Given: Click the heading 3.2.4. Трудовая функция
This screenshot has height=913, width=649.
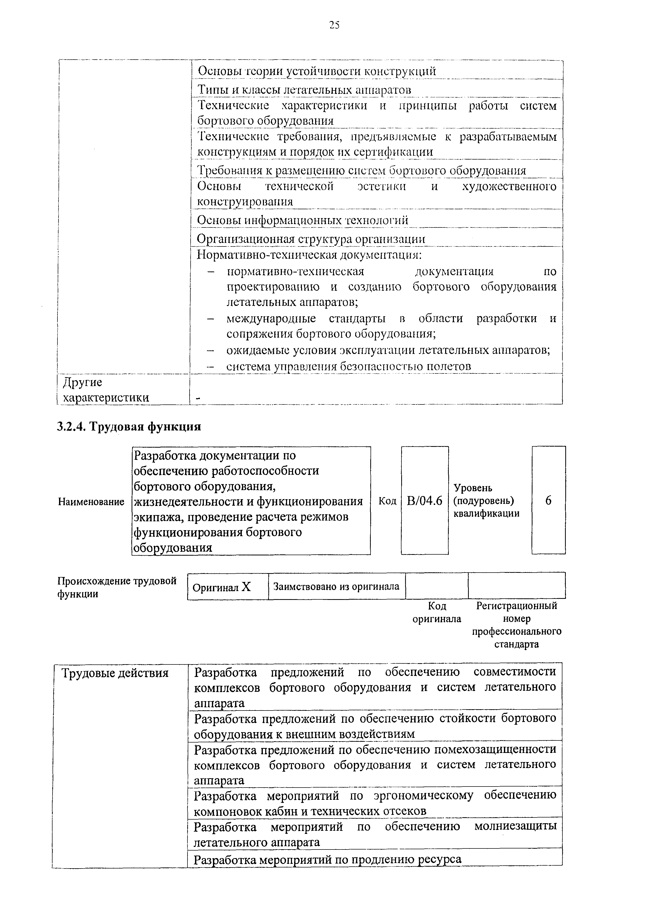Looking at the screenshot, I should pos(129,427).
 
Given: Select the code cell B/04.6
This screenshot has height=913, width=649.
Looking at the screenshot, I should pos(424,501).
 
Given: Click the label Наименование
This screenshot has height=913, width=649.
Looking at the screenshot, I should pos(91,502).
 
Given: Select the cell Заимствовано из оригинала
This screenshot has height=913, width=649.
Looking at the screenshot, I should pos(336,587).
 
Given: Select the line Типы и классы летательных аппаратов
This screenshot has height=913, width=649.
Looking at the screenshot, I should pos(304,90).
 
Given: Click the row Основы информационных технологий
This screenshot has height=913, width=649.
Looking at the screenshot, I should pos(302,220).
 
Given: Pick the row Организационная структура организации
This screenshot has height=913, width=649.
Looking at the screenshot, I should pos(311,239).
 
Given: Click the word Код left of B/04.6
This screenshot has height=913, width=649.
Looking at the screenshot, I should pos(387,501).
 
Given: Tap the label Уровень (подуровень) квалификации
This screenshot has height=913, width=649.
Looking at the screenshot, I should pos(486,501).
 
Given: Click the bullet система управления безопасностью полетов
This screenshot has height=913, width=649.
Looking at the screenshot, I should pos(348,366).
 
